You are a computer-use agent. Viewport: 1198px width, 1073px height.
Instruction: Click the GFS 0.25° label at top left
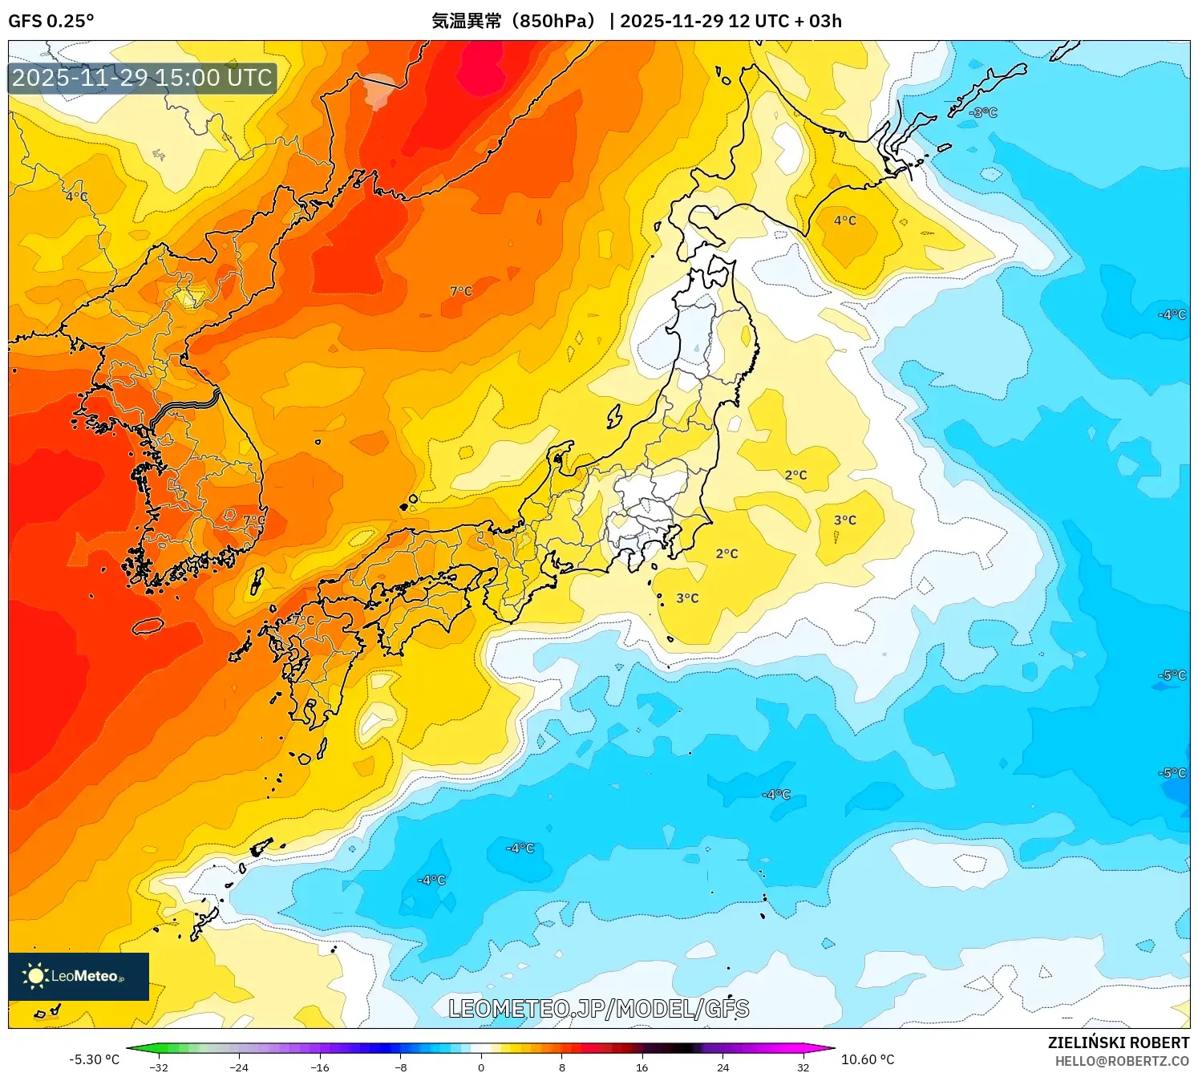pyautogui.click(x=51, y=21)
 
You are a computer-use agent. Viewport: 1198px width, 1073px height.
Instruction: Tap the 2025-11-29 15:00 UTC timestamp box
pyautogui.click(x=142, y=78)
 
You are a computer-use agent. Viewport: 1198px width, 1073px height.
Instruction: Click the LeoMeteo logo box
pyautogui.click(x=79, y=976)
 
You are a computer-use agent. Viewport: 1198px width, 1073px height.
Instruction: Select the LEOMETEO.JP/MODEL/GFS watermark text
pyautogui.click(x=598, y=1009)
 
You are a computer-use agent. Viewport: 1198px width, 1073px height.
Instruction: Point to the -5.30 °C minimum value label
pyautogui.click(x=94, y=1059)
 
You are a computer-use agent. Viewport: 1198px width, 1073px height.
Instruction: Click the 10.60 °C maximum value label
pyautogui.click(x=867, y=1059)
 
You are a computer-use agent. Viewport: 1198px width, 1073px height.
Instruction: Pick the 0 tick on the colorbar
pyautogui.click(x=481, y=1067)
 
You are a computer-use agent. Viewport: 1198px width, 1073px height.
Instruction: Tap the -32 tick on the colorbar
pyautogui.click(x=159, y=1067)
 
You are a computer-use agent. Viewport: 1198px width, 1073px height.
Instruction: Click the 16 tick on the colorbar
pyautogui.click(x=641, y=1067)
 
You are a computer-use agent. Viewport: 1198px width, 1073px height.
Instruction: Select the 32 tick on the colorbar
pyautogui.click(x=803, y=1067)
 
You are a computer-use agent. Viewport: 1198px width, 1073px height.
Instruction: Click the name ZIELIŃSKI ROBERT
pyautogui.click(x=1118, y=1043)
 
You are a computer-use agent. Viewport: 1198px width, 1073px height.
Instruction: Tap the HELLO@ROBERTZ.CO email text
pyautogui.click(x=1121, y=1061)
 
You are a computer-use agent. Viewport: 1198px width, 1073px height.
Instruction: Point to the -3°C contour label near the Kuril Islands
pyautogui.click(x=983, y=113)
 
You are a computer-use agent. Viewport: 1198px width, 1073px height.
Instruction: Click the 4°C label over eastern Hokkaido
pyautogui.click(x=844, y=221)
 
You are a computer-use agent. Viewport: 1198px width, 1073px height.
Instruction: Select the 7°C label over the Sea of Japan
pyautogui.click(x=461, y=291)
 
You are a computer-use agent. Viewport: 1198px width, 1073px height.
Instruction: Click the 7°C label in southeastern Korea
pyautogui.click(x=254, y=520)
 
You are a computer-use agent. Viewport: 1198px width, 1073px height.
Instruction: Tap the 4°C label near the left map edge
pyautogui.click(x=77, y=196)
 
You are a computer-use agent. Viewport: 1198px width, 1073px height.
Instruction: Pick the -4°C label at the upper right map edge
pyautogui.click(x=1172, y=314)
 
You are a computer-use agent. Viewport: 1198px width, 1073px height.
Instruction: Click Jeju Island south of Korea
pyautogui.click(x=148, y=626)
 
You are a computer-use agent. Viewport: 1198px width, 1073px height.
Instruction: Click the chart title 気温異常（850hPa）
pyautogui.click(x=513, y=21)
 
